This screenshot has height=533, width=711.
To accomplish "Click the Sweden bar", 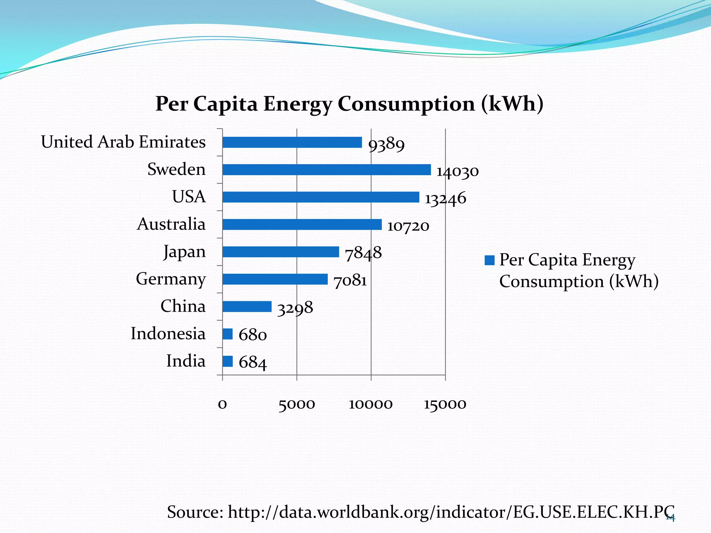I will (326, 170).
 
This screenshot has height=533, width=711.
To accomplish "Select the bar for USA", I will (320, 197).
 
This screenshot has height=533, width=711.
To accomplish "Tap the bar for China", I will (247, 306).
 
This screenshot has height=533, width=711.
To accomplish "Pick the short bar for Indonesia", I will (227, 334).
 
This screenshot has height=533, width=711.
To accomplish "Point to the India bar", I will (227, 361).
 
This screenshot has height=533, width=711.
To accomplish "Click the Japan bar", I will (281, 252).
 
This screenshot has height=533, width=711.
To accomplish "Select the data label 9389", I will (386, 144).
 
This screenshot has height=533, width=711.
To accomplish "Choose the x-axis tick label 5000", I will (296, 404).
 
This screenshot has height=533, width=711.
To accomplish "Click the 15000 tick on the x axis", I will (445, 404).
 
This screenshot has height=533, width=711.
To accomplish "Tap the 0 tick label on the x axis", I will (223, 404).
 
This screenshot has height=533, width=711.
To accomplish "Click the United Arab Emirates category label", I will (123, 142).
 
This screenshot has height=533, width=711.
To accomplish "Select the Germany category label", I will (171, 279).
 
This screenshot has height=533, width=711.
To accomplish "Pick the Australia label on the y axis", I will (171, 224).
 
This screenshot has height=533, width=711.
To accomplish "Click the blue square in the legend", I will (490, 260).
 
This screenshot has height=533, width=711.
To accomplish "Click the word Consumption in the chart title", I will (406, 104).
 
